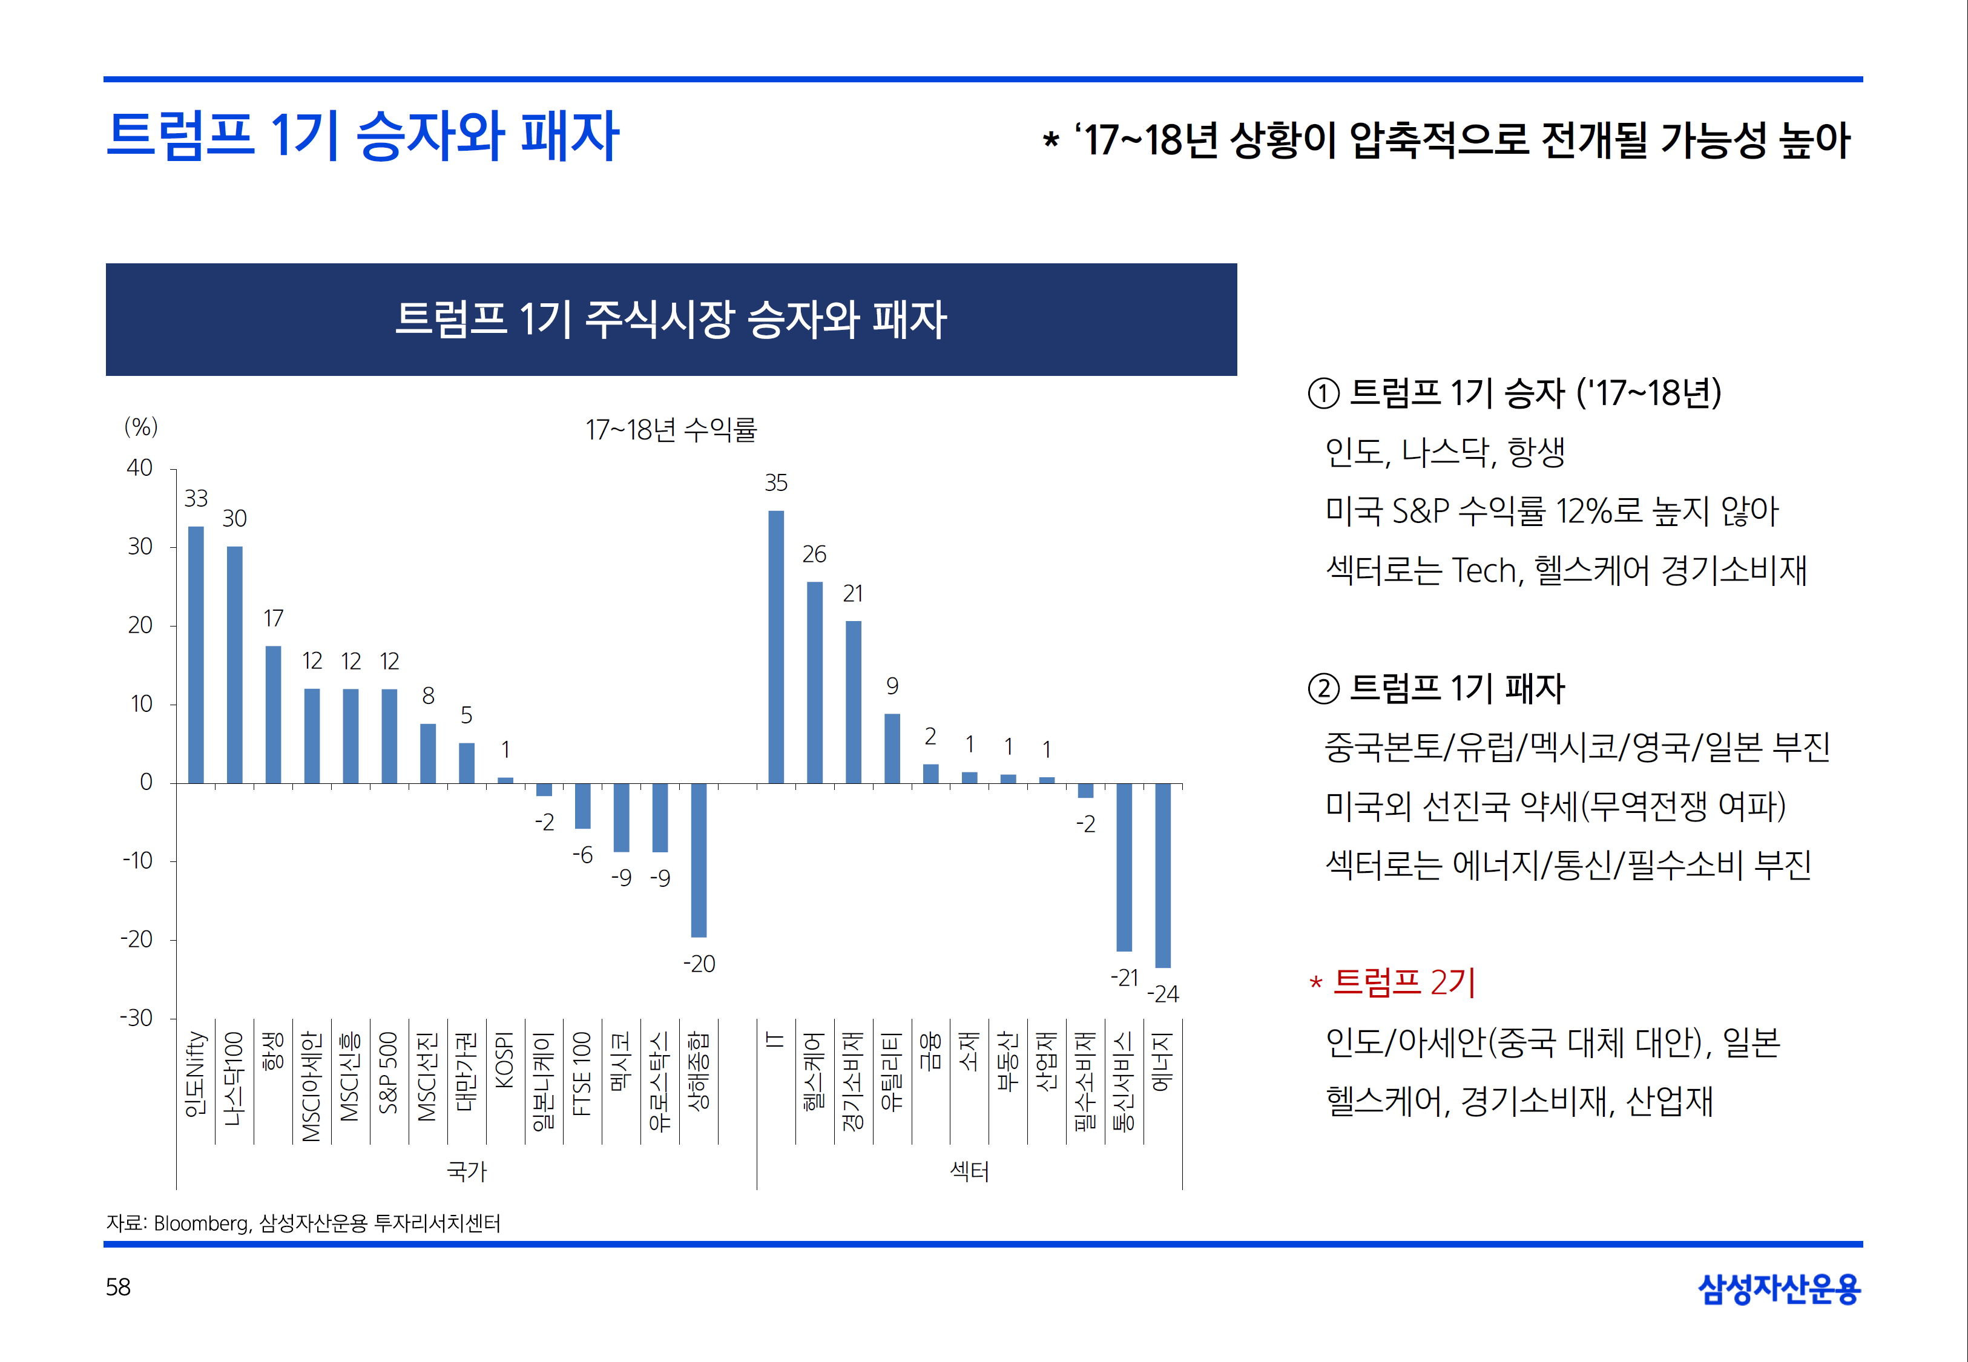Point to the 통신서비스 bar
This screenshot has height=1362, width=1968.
(x=1124, y=866)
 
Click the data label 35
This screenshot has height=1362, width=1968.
(x=776, y=483)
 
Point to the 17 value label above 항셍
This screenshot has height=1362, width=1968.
(x=273, y=618)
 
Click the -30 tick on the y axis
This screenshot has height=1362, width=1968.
(x=137, y=1018)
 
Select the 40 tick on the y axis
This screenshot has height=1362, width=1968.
(x=140, y=469)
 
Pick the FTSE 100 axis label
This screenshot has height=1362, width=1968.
(x=582, y=1073)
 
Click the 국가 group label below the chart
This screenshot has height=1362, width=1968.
(x=467, y=1171)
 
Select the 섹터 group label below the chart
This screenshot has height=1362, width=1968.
(x=970, y=1171)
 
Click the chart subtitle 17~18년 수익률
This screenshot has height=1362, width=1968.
(x=671, y=429)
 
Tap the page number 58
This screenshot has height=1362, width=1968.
(x=118, y=1287)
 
